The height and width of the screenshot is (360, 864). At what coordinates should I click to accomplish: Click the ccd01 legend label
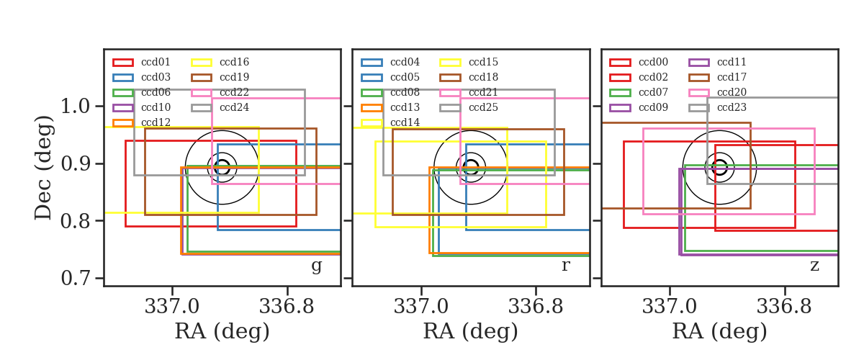156,62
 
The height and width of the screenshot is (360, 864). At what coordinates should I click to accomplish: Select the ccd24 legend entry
220,107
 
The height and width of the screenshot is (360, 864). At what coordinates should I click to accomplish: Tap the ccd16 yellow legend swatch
202,63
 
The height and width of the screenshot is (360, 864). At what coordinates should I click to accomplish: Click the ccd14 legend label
405,122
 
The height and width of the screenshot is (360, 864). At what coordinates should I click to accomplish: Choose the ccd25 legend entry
469,107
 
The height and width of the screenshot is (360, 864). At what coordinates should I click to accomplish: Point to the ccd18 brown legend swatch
450,78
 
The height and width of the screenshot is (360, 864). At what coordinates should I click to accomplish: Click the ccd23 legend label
732,107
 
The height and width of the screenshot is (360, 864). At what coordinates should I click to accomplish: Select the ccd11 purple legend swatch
699,63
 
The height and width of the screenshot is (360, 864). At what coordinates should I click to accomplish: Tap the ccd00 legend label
653,62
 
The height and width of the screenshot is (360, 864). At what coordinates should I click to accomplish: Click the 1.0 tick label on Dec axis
76,106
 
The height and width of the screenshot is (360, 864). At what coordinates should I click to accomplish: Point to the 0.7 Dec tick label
76,278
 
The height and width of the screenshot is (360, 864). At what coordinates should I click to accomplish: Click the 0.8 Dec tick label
76,221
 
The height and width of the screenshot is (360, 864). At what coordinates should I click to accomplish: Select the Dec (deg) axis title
42,168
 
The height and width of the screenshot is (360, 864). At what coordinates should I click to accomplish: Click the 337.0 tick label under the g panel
172,307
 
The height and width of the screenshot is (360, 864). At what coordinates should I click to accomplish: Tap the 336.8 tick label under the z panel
785,307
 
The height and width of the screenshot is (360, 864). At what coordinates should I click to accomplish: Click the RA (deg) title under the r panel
471,332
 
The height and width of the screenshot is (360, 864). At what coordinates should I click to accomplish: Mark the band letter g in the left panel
316,266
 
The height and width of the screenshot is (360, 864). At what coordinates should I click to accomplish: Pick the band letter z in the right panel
814,266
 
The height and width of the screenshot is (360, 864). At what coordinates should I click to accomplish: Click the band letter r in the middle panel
565,266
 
